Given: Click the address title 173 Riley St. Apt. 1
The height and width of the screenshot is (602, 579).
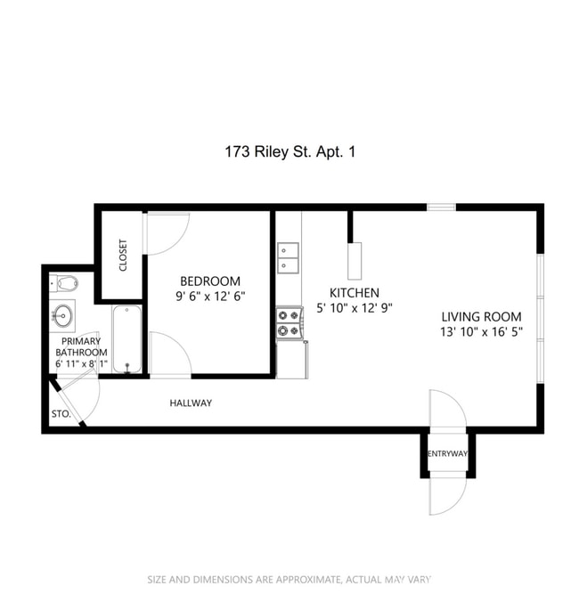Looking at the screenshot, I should click(289, 152).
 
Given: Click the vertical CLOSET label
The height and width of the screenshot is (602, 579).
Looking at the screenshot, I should click(123, 256).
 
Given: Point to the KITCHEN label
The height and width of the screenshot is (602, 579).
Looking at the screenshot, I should click(354, 293).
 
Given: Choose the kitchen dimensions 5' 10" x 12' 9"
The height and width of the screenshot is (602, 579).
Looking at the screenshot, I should click(354, 308).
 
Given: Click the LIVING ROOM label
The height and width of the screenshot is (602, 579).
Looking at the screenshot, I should click(481, 316).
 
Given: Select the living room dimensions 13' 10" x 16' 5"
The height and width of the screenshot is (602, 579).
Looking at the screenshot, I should click(481, 332).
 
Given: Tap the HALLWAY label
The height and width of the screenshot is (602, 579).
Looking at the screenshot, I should click(191, 403).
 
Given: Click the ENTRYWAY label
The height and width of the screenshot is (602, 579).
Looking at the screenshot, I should click(447, 454).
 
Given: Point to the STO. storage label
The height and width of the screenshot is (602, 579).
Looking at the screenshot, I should click(61, 414).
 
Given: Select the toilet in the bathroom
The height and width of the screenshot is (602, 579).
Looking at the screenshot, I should click(64, 284).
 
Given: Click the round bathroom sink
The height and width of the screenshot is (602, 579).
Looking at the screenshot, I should click(63, 314).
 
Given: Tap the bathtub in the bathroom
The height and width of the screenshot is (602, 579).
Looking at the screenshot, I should click(126, 339).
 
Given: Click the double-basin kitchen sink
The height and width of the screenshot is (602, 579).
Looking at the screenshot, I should click(288, 257).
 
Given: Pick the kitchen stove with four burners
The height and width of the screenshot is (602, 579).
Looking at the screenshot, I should click(289, 323).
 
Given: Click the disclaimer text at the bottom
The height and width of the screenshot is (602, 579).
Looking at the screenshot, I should click(289, 580).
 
